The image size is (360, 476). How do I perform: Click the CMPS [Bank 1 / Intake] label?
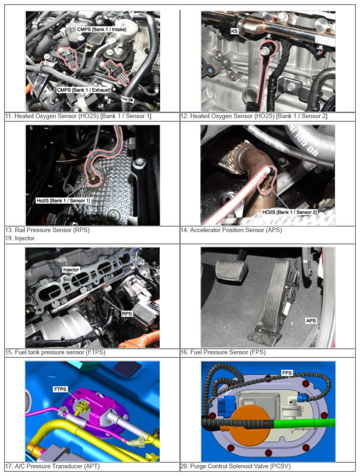tap(101, 30)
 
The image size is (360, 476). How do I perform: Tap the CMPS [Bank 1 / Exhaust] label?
tap(83, 90)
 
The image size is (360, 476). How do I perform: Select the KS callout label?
tap(234, 31)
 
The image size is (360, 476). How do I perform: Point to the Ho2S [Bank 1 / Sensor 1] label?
tap(63, 201)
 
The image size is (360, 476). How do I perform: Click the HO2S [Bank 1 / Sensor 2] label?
tap(289, 212)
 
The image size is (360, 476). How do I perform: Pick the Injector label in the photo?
tap(71, 269)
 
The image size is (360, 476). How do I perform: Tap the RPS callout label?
tap(127, 314)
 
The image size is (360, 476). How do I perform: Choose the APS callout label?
tap(311, 321)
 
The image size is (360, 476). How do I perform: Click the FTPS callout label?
tap(60, 389)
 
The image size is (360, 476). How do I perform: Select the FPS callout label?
tap(287, 373)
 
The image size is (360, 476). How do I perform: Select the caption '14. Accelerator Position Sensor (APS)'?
tap(231, 230)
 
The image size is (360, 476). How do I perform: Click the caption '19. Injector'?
tap(20, 238)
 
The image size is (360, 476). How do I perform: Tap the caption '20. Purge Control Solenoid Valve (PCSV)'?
tap(235, 466)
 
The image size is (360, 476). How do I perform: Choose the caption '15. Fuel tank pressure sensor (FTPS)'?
tap(55, 352)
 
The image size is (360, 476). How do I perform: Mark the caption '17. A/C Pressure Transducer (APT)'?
tap(52, 466)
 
